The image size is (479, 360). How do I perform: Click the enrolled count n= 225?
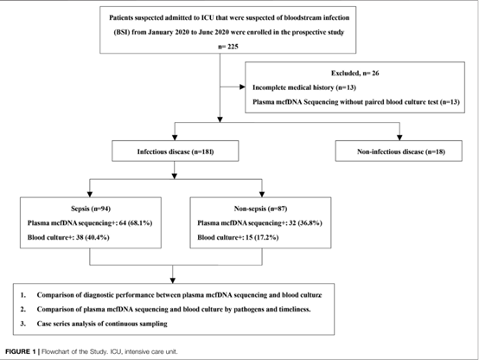tap(228, 47)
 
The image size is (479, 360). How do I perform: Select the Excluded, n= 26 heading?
tap(355, 73)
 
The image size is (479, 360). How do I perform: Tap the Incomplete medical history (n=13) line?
tap(304, 87)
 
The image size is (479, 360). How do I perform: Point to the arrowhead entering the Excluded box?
tap(243, 87)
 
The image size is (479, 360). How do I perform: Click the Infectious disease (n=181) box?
tap(175, 151)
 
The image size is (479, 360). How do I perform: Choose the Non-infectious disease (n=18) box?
tap(399, 151)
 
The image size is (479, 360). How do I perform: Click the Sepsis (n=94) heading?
tap(91, 209)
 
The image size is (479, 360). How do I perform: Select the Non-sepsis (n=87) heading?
tap(260, 209)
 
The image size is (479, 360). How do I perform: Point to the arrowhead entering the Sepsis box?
tap(90, 194)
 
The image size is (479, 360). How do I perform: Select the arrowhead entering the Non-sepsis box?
tap(262, 194)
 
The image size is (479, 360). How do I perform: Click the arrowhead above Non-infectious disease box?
tap(399, 138)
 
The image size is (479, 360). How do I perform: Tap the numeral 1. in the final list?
tap(23, 295)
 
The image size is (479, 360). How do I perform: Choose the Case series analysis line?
tap(102, 324)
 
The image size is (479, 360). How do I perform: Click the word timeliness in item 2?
tap(295, 309)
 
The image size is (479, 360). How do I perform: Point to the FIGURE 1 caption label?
tap(21, 351)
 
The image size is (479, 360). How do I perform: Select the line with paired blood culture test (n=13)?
tap(356, 102)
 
